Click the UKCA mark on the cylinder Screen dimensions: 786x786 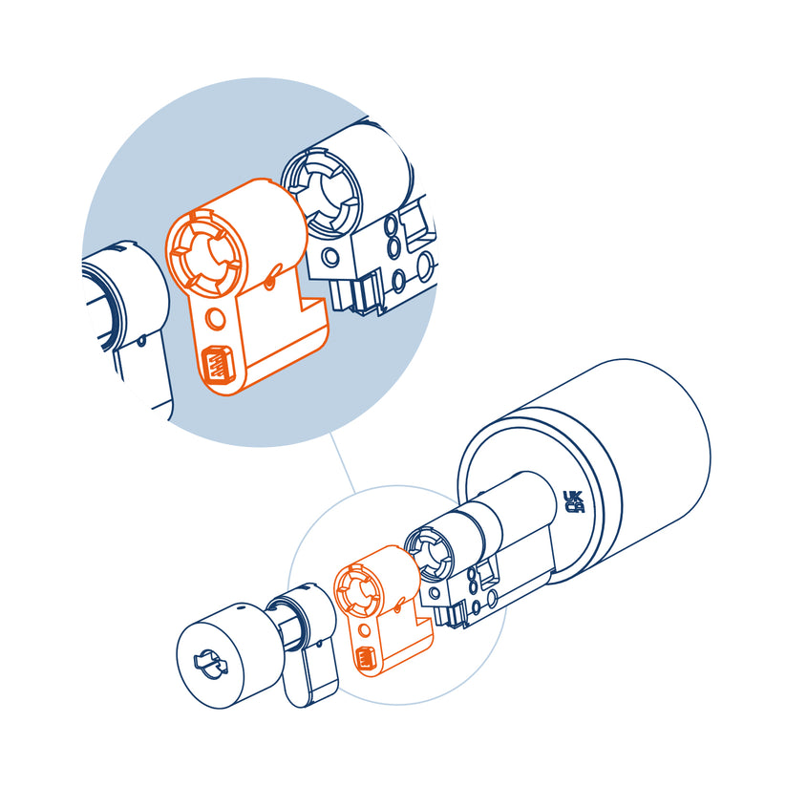pos(574,501)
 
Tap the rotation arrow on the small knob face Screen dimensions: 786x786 pos(210,665)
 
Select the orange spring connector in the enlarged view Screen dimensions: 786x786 pos(216,364)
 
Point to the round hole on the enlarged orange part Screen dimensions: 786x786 pos(216,318)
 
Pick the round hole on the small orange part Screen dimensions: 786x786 pos(365,630)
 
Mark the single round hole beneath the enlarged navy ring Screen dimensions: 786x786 pos(330,258)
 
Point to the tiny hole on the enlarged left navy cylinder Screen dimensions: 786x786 pos(142,341)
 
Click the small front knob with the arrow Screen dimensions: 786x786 pos(226,655)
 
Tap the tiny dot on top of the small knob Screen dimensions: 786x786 pos(241,608)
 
